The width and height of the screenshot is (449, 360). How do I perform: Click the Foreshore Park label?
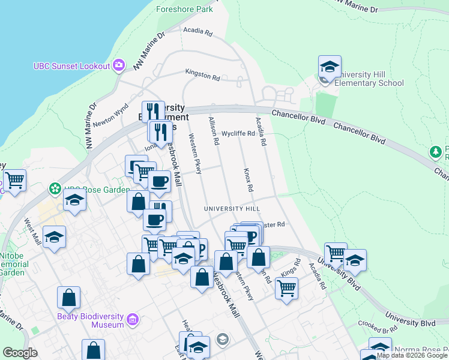pyautogui.click(x=184, y=10)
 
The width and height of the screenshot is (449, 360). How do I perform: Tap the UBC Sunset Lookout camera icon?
pyautogui.click(x=119, y=65)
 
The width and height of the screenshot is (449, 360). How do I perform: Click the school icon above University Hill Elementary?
pyautogui.click(x=330, y=67)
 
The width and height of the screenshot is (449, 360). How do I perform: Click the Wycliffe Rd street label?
pyautogui.click(x=238, y=134)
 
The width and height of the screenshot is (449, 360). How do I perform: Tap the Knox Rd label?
pyautogui.click(x=249, y=180)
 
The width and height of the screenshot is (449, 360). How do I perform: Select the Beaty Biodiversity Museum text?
pyautogui.click(x=91, y=320)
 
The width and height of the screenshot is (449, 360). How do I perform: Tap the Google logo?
pyautogui.click(x=20, y=353)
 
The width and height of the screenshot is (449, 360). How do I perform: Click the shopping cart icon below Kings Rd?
pyautogui.click(x=286, y=288)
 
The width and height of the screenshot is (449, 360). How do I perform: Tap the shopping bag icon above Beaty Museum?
pyautogui.click(x=69, y=298)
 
